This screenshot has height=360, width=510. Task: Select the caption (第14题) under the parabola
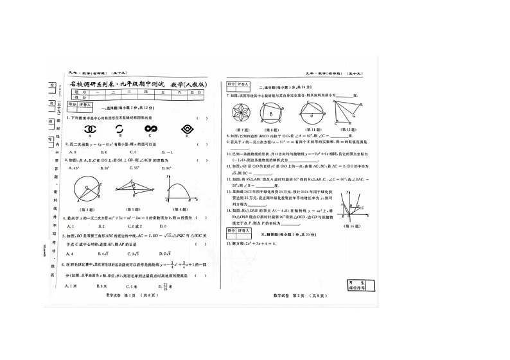[353, 226]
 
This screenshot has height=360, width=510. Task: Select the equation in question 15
[250, 244]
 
